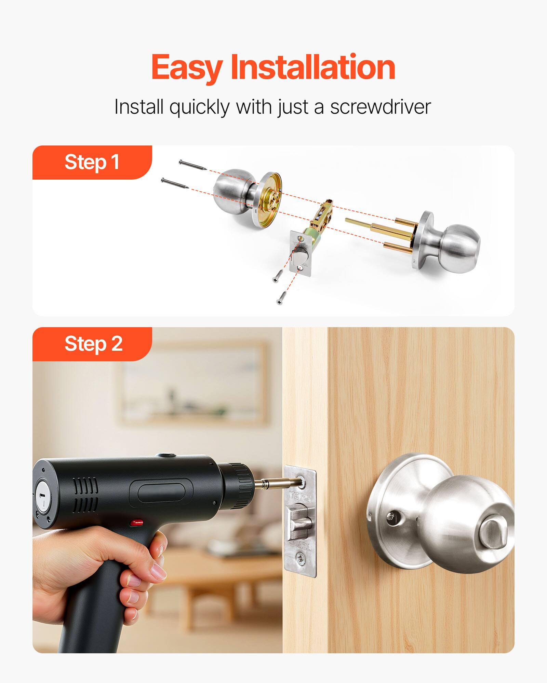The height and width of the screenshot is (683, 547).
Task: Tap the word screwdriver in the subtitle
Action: click(380, 107)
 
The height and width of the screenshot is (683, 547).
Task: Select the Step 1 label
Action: click(92, 162)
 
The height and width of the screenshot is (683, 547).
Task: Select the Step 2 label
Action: click(93, 344)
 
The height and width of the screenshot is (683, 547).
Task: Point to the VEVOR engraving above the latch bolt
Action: click(301, 497)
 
